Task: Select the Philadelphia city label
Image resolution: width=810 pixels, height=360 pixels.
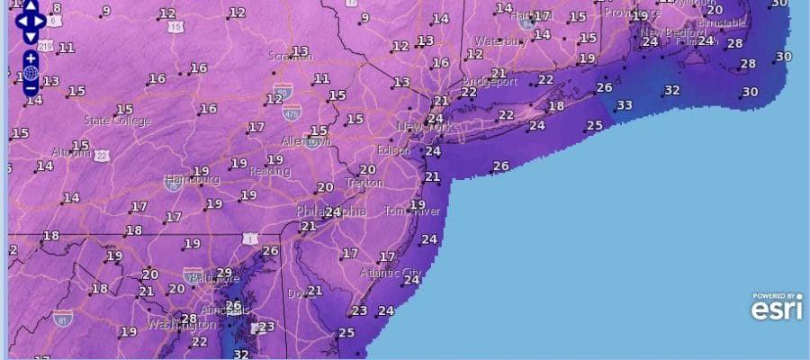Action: [331, 211]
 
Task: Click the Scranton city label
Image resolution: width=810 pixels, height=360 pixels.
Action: [290, 57]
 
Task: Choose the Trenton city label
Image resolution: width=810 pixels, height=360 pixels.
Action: [364, 183]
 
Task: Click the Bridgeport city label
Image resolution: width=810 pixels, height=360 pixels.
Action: [491, 81]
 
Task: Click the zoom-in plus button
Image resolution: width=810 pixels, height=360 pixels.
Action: [31, 58]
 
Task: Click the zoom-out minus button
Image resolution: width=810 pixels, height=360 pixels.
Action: [31, 88]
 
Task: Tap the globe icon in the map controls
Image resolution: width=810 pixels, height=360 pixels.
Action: [31, 73]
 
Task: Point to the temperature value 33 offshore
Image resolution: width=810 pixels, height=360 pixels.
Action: [624, 105]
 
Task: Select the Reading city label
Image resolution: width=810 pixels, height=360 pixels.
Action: [270, 171]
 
